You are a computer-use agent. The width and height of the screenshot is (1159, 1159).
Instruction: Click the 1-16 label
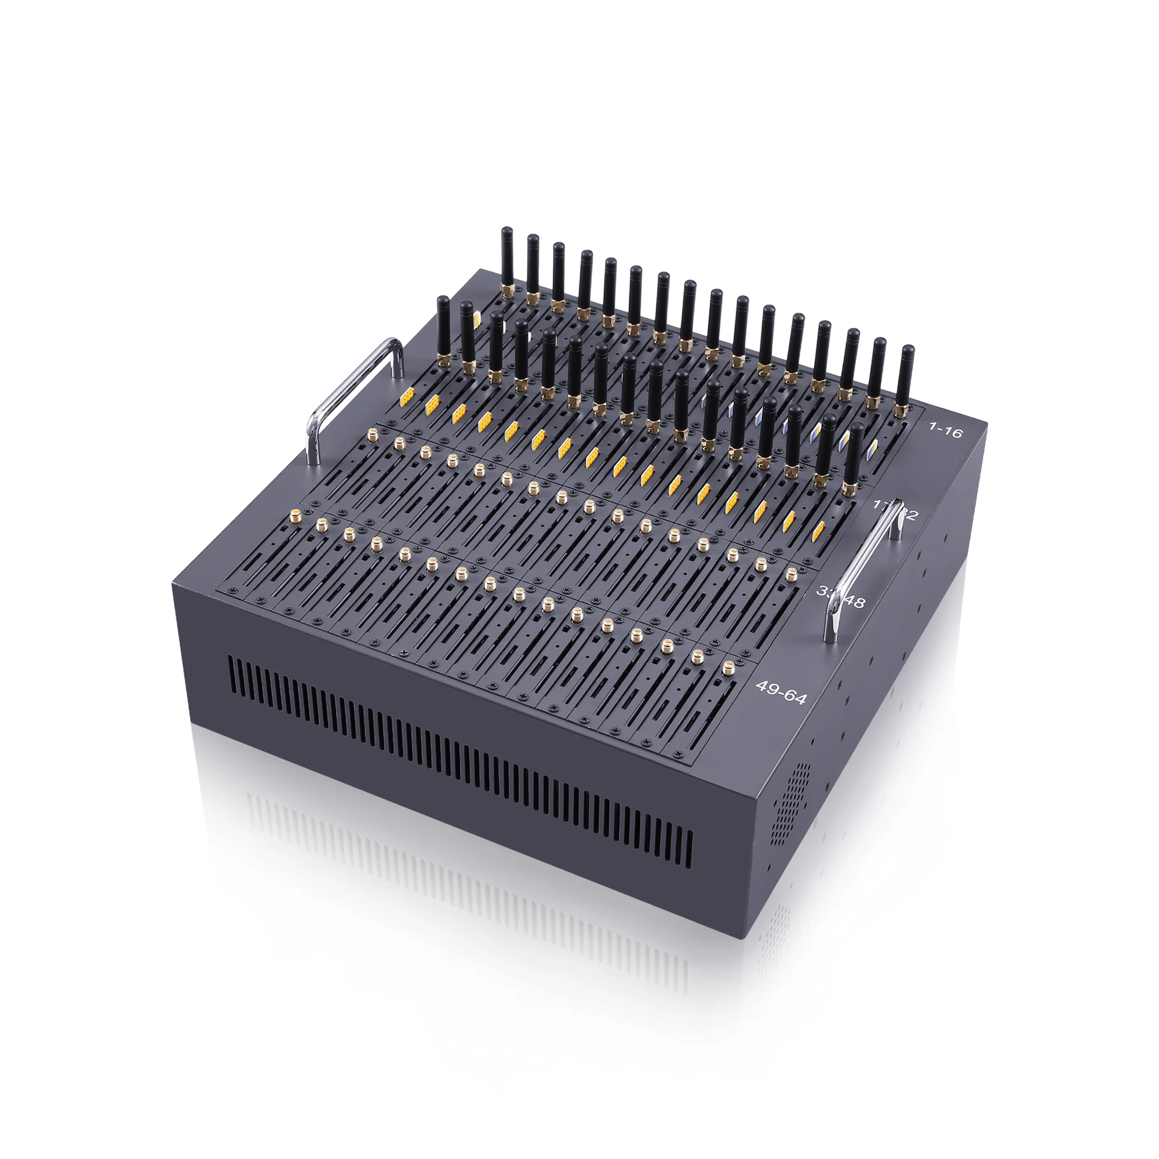(945, 429)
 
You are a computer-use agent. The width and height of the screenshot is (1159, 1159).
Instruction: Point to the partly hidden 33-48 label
(841, 596)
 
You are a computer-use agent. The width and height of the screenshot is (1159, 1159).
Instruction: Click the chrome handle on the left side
(354, 396)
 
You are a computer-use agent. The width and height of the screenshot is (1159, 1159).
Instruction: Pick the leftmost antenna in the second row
(443, 327)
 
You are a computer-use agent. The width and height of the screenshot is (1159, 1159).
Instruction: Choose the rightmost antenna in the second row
(856, 453)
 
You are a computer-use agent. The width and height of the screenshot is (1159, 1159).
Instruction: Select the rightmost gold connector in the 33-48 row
(791, 574)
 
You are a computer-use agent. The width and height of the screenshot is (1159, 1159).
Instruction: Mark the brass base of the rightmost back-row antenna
(900, 410)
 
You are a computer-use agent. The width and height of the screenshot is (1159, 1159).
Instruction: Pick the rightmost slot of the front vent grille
(689, 852)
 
